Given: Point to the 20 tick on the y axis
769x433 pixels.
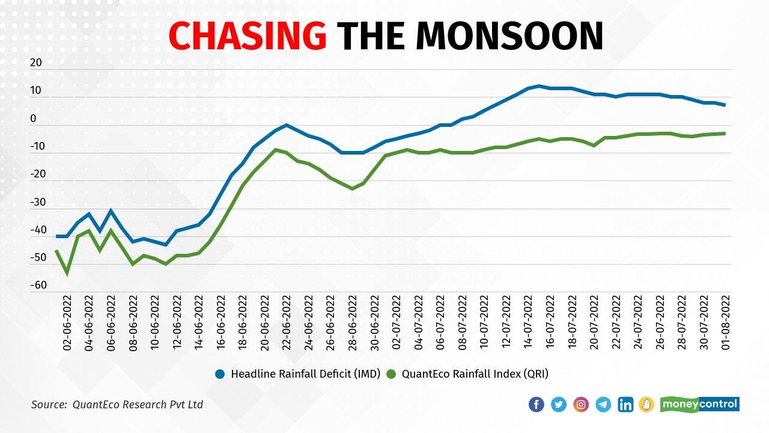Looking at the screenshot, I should click(36, 63).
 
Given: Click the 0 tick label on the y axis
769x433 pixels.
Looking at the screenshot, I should click(33, 118).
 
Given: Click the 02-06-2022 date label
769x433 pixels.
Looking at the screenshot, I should click(67, 322).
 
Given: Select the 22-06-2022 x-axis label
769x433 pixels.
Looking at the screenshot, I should click(286, 322).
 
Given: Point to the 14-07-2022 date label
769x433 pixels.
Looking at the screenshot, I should click(528, 322).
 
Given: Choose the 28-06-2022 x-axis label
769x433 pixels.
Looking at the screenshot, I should click(352, 322).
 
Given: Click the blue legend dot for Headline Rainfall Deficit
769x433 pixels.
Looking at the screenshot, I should click(220, 374).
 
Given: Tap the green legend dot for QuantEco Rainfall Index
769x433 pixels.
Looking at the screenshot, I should click(391, 374).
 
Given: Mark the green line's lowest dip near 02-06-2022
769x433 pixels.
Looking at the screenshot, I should click(67, 272).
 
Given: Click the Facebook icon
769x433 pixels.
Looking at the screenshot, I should click(536, 404).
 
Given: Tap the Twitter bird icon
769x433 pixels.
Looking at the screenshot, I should click(559, 404).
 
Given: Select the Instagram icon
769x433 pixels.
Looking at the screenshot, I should click(581, 404).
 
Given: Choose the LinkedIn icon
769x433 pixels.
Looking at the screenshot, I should click(625, 404).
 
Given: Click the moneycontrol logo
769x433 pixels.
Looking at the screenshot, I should click(699, 404).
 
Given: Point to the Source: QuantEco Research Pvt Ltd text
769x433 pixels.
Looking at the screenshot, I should click(117, 405).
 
